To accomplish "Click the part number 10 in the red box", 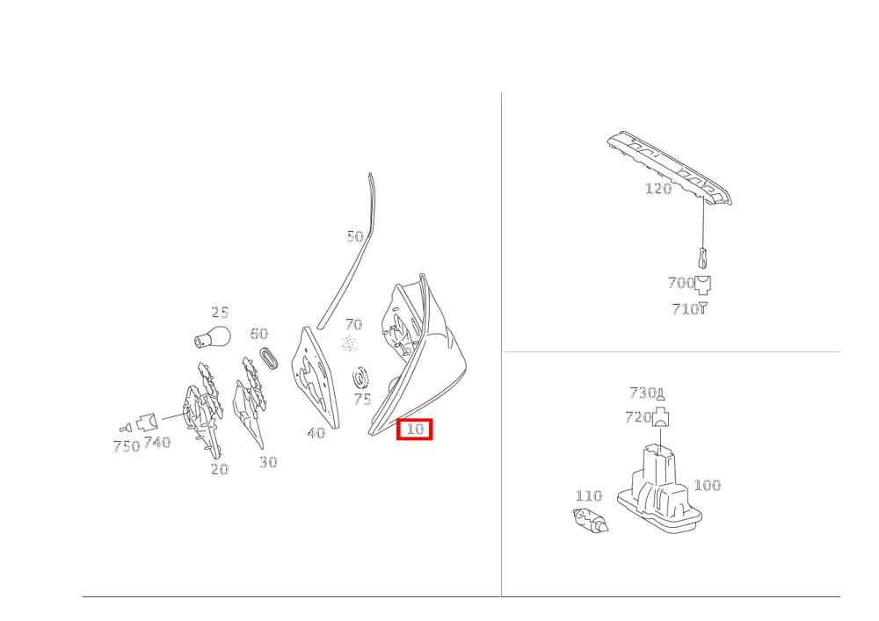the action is pos(414,430).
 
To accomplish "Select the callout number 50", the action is pos(355,236).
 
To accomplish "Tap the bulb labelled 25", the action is pos(213,336).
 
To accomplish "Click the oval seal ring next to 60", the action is pos(270,359).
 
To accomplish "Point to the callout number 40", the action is pos(316,433).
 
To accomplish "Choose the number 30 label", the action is pos(268,462).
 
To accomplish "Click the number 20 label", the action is pos(219,469).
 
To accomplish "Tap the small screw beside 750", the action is pos(126,428).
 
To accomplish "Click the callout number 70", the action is pos(353,324).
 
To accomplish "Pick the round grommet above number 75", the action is pos(361,378).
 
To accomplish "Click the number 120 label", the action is pos(658,188).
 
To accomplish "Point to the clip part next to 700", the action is pos(703,285).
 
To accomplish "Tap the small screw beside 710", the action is pos(703,308).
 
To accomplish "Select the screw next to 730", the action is pos(661,394).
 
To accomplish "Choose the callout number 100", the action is pos(707,485).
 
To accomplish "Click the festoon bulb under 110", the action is pos(591,520).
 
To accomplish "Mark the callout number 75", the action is pos(362,400).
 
